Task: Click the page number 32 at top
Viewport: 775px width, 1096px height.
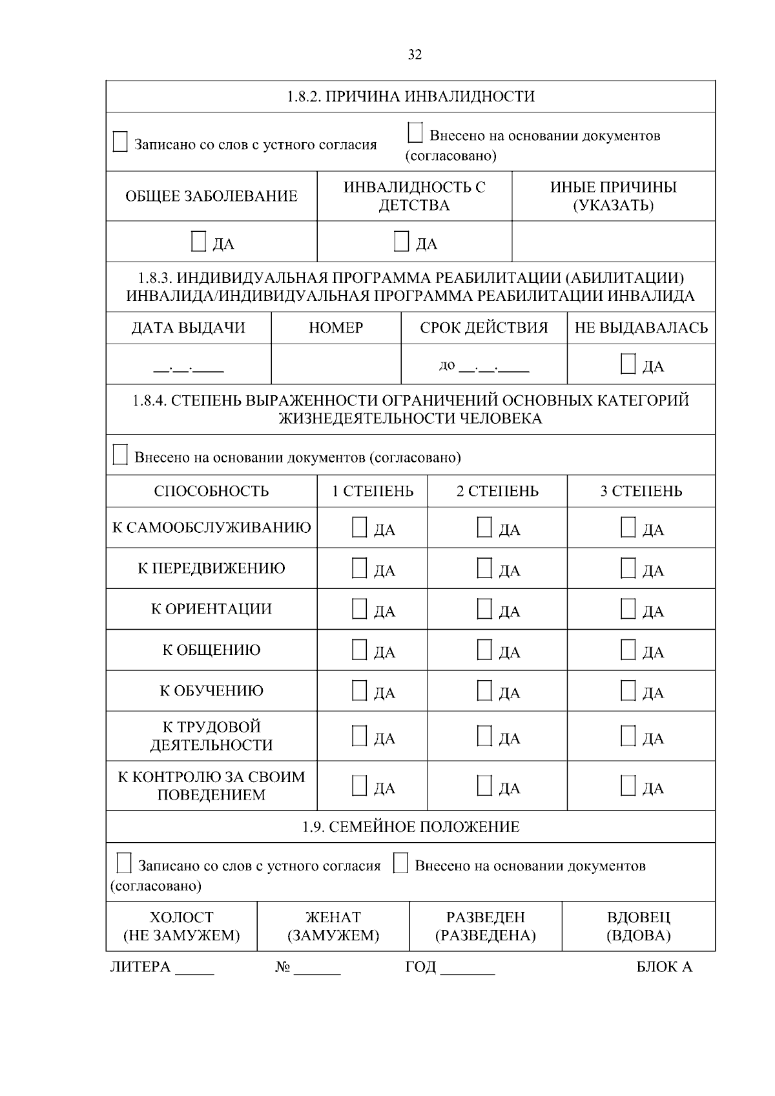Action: (415, 55)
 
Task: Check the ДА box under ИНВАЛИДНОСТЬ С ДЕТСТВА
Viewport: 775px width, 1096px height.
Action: (402, 242)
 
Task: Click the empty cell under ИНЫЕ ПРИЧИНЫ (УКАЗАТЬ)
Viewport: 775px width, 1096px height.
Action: (613, 242)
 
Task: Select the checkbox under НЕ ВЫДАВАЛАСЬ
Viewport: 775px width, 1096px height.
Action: (628, 364)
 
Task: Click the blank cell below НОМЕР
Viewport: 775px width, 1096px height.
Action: (336, 364)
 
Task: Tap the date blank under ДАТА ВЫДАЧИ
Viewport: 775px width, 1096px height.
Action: (189, 369)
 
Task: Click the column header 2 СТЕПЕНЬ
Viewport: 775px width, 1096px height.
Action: (497, 491)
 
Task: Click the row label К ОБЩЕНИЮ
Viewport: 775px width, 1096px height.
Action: (211, 650)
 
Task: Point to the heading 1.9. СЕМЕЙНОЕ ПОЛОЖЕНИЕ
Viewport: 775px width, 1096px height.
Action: (411, 827)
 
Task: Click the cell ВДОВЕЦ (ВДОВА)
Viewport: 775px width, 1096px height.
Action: (638, 926)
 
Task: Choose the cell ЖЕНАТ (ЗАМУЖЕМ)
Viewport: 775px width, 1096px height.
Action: (333, 926)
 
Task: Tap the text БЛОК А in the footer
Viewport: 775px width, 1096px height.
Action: (664, 967)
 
